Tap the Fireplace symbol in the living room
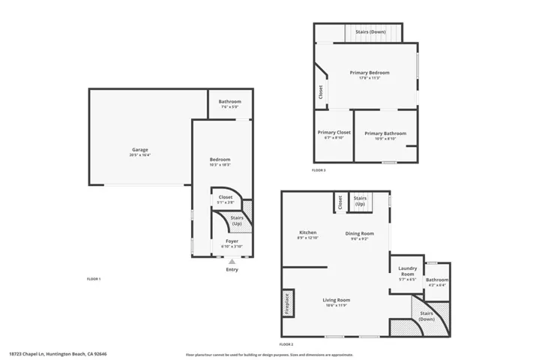[286, 303]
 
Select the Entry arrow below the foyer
[232, 262]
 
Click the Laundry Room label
[407, 271]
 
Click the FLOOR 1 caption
[94, 279]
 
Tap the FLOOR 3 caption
[319, 170]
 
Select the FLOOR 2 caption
[286, 344]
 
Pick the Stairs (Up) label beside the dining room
[360, 201]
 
